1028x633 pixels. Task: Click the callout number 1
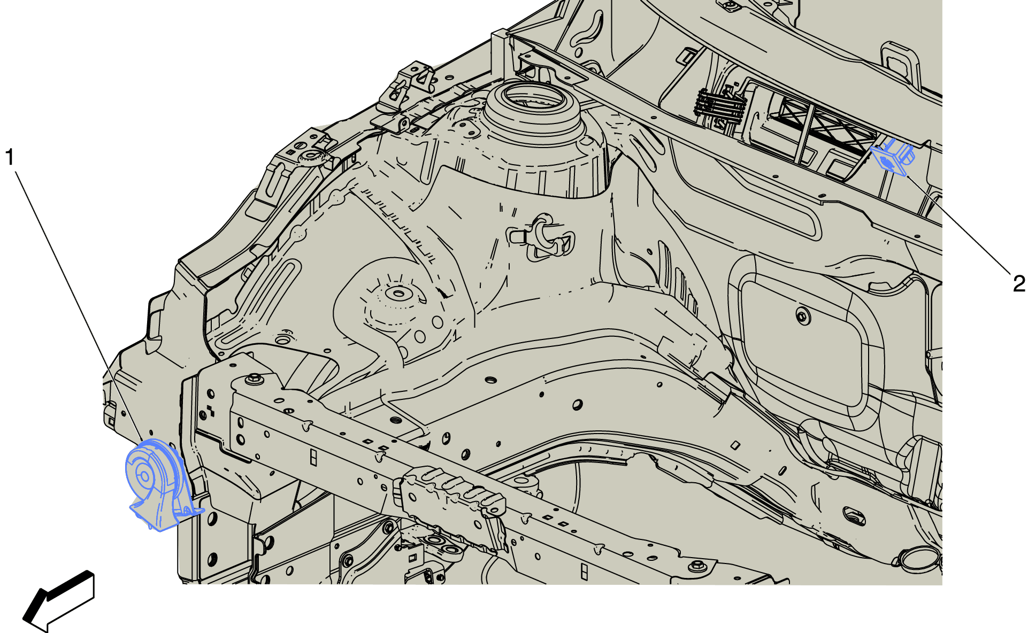click(9, 157)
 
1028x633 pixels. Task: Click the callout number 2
click(1019, 283)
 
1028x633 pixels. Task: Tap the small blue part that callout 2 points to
click(893, 157)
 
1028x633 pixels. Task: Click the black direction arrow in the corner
click(59, 601)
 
